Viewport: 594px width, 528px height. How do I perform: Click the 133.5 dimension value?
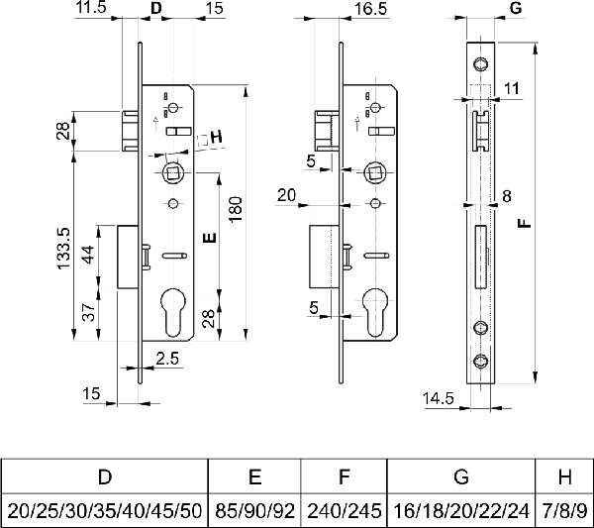(x=63, y=248)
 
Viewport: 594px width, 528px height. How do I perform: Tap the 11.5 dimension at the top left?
(x=90, y=9)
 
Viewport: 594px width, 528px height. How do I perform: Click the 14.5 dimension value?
(x=440, y=398)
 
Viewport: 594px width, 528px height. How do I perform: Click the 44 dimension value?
(x=88, y=256)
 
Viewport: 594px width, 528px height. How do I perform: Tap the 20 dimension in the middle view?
(x=287, y=195)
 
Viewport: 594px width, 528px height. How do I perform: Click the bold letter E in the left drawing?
(x=207, y=238)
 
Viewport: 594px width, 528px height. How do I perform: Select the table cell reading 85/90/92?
(x=254, y=510)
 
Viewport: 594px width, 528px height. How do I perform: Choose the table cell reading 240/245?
(x=343, y=510)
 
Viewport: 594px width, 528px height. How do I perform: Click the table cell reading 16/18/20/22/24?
(x=460, y=510)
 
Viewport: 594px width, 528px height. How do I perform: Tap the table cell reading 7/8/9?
(x=564, y=510)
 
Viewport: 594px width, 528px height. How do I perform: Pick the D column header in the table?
(x=104, y=477)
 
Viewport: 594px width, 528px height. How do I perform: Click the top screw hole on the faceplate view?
(x=481, y=65)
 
